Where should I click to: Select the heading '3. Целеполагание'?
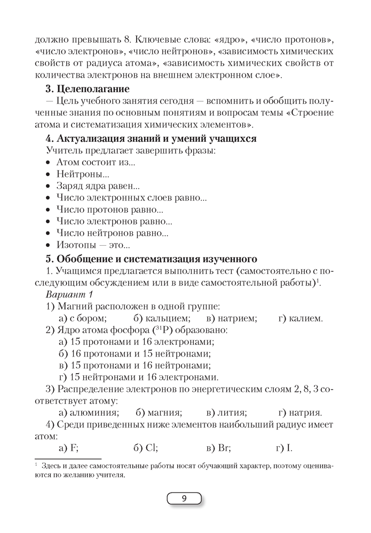pyautogui.click(x=88, y=88)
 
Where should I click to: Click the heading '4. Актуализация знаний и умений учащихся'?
pyautogui.click(x=152, y=139)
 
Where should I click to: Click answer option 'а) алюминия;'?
pyautogui.click(x=88, y=412)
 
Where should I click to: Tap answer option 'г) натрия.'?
pyautogui.click(x=300, y=412)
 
